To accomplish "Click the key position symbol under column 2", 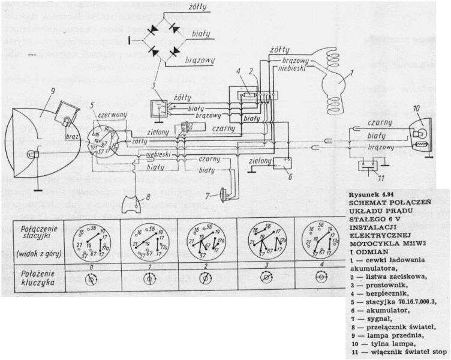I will click(207, 278).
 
